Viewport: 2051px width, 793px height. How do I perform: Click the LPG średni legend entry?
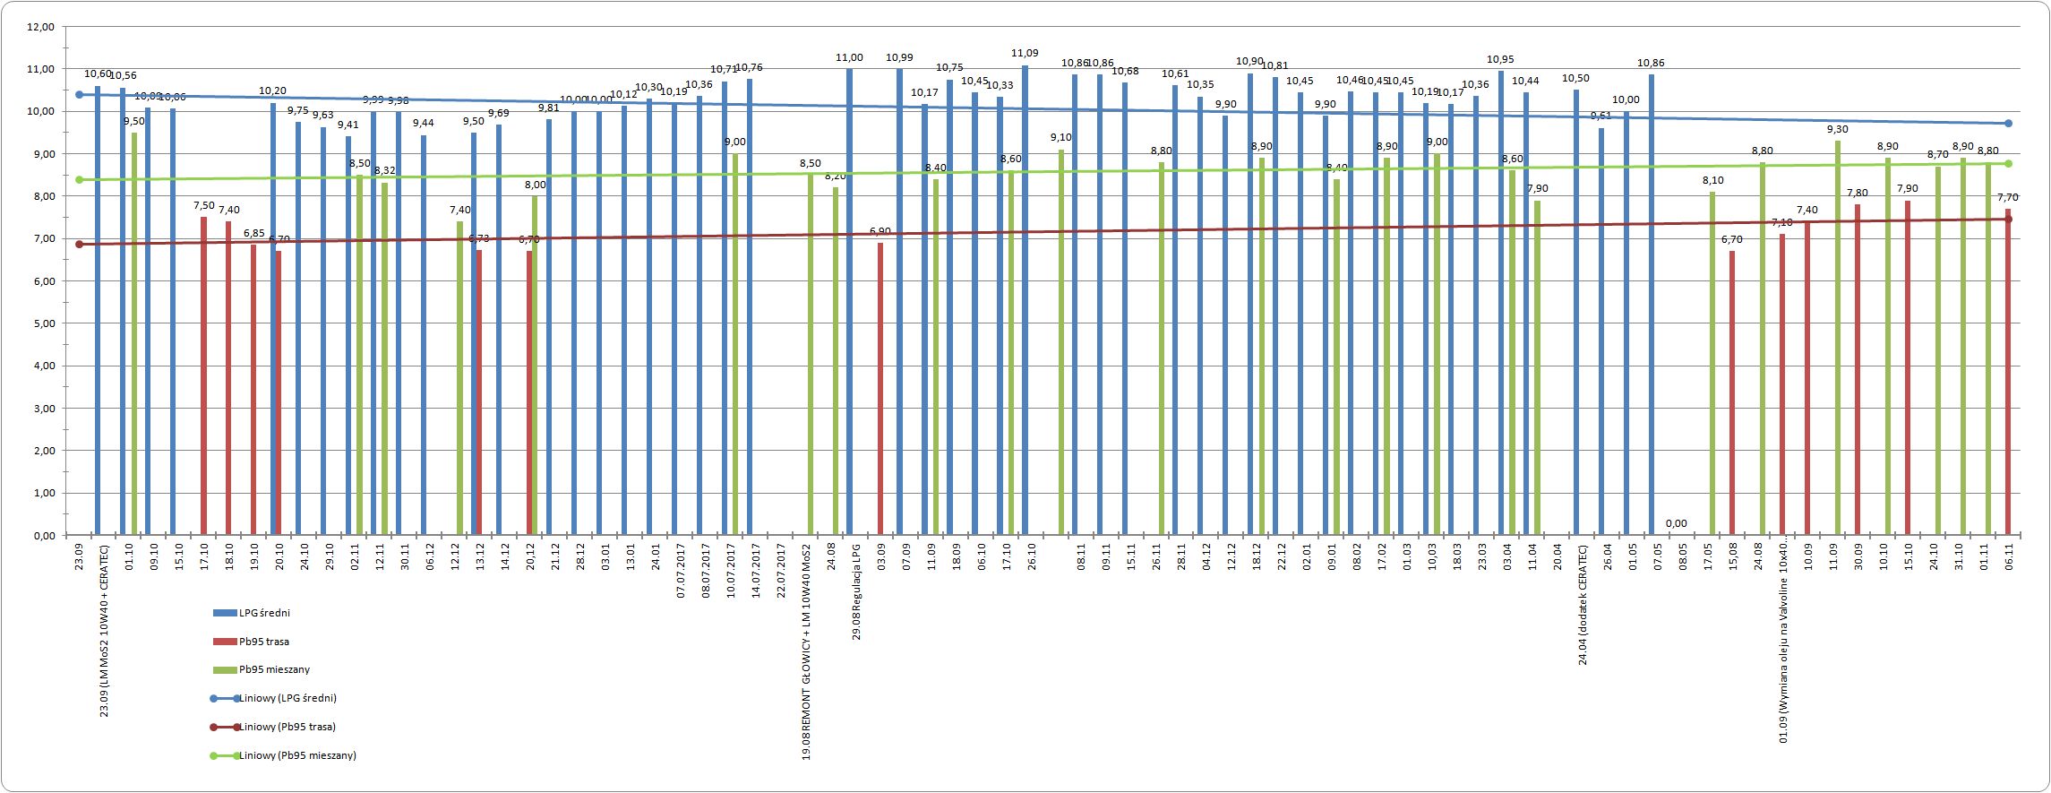[263, 613]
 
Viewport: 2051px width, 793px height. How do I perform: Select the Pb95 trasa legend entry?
[263, 642]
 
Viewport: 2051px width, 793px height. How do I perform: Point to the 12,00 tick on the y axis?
[42, 27]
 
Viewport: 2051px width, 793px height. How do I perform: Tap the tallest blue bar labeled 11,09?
[1025, 300]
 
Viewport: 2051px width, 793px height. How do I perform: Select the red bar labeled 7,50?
[203, 376]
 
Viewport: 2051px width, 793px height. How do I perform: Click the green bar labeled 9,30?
[1838, 338]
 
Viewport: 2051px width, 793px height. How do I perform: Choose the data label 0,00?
[1676, 523]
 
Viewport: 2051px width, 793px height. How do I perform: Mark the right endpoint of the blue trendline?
[2009, 124]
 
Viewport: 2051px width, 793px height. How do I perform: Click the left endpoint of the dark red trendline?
[79, 244]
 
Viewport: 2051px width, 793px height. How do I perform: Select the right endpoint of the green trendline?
[2009, 163]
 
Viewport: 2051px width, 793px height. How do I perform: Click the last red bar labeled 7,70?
[2008, 372]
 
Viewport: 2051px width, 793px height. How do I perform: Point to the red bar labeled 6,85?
[253, 390]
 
